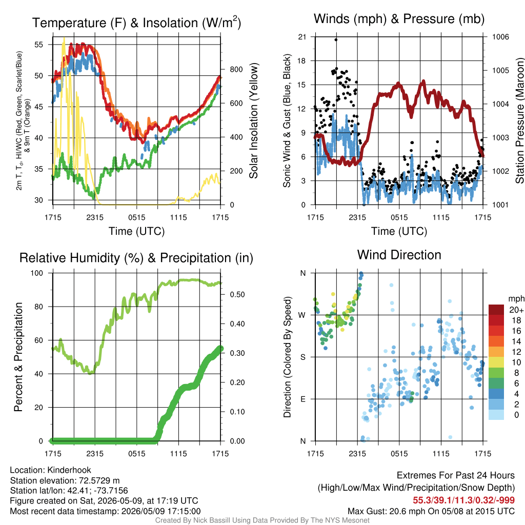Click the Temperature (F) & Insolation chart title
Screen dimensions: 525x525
coord(136,23)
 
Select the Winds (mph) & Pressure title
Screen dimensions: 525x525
coord(399,19)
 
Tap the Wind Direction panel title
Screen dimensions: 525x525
coord(399,255)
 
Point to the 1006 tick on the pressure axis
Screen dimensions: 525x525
coord(500,37)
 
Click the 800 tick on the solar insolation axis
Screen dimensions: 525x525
coord(236,69)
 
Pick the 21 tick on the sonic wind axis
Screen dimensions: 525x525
coord(302,37)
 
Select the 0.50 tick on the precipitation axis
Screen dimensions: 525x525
coord(237,295)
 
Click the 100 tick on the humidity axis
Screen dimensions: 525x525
coord(37,273)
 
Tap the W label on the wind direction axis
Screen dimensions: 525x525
coord(302,315)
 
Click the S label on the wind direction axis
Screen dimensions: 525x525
coord(302,357)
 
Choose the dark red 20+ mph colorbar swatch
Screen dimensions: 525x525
coord(496,310)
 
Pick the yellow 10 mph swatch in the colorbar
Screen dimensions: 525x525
coord(496,362)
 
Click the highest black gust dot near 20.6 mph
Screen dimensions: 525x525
coord(336,40)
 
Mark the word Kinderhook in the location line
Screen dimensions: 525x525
coord(69,470)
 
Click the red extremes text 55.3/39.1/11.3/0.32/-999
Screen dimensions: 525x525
coord(463,500)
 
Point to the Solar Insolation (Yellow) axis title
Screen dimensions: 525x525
coord(254,120)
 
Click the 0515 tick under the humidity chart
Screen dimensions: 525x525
coord(136,454)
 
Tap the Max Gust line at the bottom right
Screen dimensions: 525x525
coord(431,511)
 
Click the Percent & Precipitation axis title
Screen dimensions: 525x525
coord(18,357)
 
